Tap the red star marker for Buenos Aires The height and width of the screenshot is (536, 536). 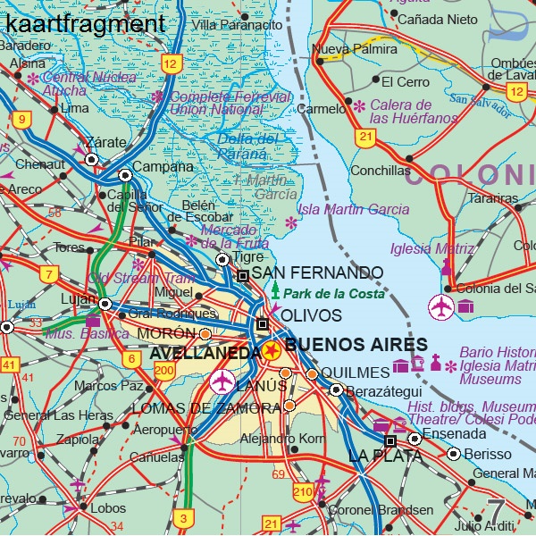point(271,353)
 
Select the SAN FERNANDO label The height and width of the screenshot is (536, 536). point(317,272)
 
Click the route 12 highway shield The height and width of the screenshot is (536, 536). point(171,63)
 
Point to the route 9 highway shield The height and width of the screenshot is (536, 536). point(21,118)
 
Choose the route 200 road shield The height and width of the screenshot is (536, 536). point(163,371)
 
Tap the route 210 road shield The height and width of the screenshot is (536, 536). point(303,491)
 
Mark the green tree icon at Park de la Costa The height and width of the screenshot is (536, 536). point(275,291)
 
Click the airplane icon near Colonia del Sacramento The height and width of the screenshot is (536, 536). point(441,306)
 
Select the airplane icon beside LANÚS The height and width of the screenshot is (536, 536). point(222,381)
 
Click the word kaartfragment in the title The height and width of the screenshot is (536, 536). point(85,23)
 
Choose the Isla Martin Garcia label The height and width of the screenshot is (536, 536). point(353,209)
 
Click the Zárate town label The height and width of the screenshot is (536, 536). point(106,142)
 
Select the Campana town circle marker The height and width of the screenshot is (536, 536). point(126,175)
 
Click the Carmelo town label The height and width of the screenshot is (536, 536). point(320,109)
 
